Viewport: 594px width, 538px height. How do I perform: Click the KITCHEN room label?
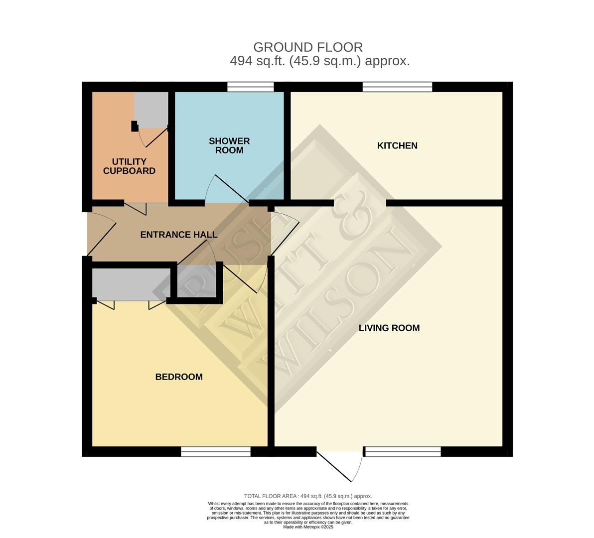tap(397, 146)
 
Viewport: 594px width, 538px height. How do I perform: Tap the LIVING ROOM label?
tap(389, 328)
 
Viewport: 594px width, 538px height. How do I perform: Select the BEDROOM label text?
tap(179, 377)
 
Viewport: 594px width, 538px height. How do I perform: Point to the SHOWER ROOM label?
tap(229, 146)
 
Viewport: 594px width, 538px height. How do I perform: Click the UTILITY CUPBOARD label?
tap(129, 166)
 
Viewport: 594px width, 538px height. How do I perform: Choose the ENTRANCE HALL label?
tap(179, 235)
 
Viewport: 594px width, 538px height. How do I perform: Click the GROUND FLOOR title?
tap(308, 47)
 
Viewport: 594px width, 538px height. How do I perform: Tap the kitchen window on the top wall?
tap(397, 87)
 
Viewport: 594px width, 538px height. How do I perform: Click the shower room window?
tap(250, 87)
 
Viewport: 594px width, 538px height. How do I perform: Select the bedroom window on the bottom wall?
tap(216, 452)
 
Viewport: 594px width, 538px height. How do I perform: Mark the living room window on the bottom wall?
tap(402, 452)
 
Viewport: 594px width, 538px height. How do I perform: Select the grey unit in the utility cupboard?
tap(151, 110)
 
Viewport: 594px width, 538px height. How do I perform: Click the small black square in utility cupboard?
tap(135, 126)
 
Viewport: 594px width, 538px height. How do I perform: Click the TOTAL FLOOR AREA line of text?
tap(308, 496)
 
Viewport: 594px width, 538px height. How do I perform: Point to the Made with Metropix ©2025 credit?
tap(308, 527)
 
